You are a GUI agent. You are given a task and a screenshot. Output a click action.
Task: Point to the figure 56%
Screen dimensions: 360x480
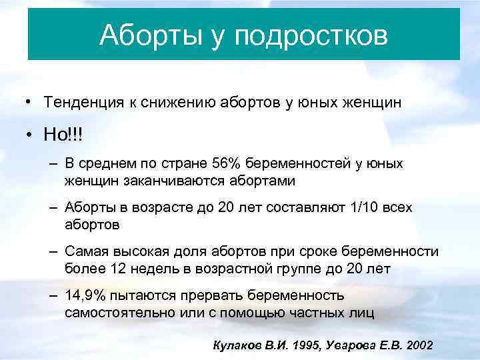tap(227, 164)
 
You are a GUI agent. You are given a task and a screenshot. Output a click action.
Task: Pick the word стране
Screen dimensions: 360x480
tap(183, 164)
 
